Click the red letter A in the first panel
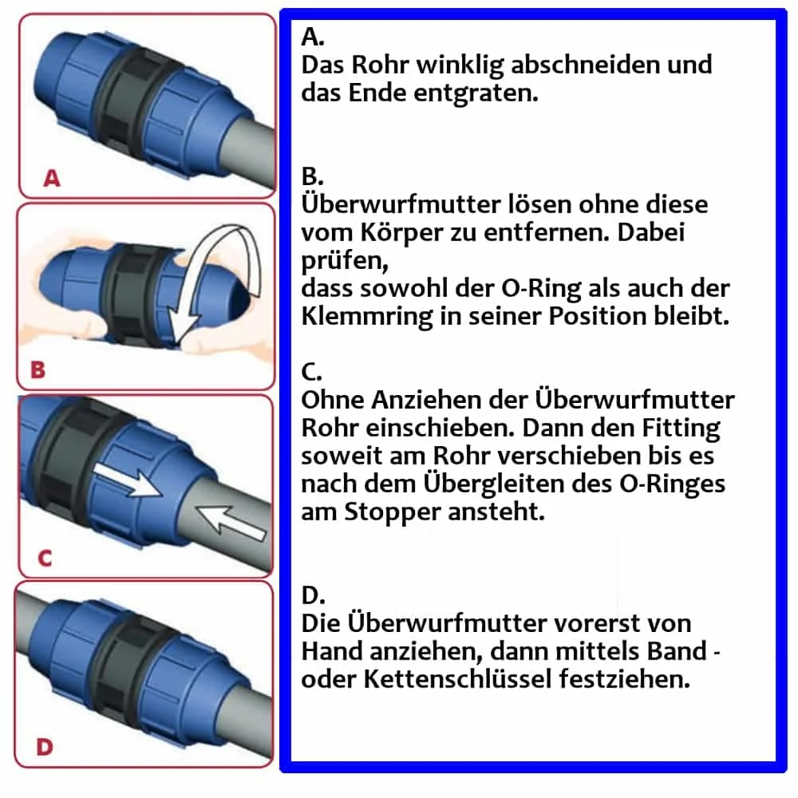coord(51,179)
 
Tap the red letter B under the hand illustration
coord(38,370)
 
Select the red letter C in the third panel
coord(45,558)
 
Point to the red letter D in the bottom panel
coord(45,747)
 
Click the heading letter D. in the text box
coord(313,595)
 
